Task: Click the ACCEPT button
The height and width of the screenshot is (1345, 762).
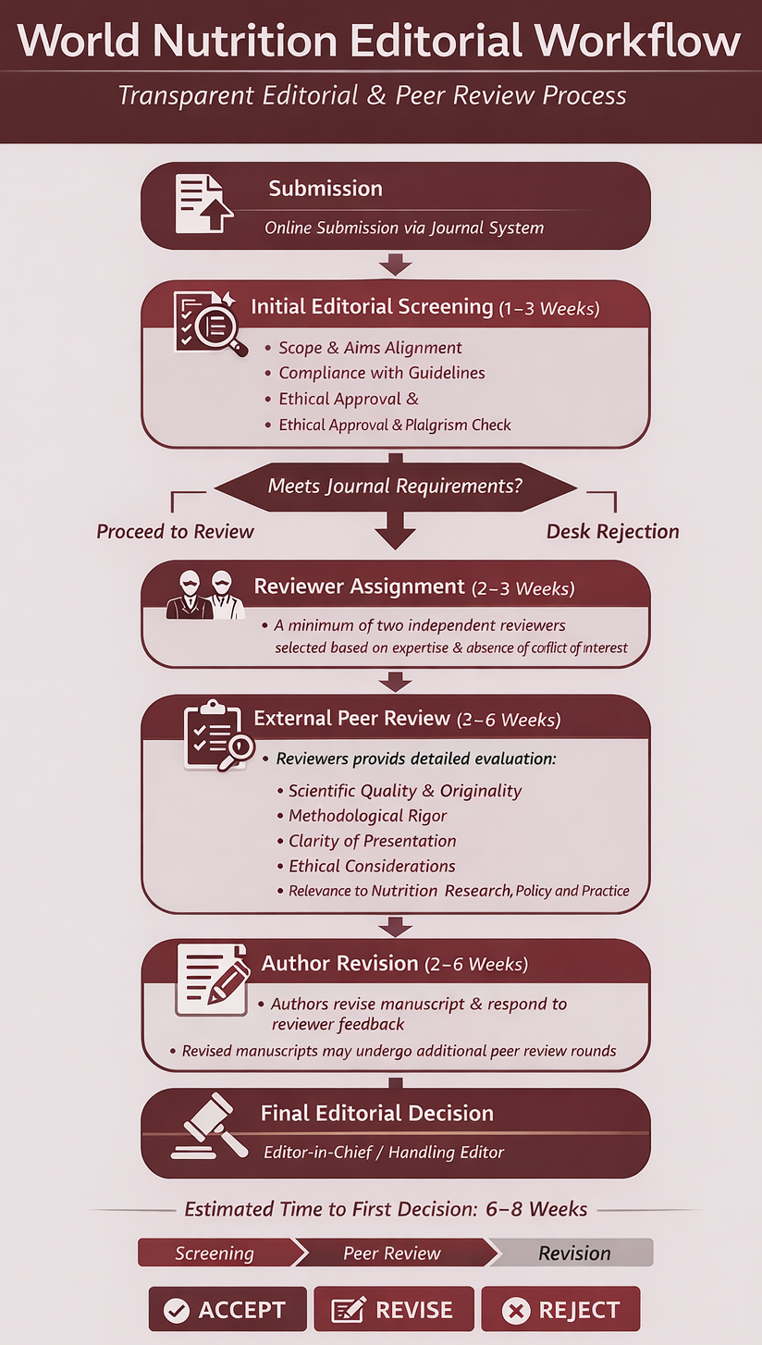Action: point(227,1310)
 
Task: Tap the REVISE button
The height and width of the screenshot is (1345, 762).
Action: point(394,1310)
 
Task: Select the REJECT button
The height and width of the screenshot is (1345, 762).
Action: point(560,1310)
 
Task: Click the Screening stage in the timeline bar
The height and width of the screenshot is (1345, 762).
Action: point(215,1253)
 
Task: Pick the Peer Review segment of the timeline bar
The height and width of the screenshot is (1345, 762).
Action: point(392,1253)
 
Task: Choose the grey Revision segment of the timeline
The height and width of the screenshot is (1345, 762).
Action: point(574,1253)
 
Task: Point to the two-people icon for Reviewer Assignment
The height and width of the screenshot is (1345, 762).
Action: point(205,594)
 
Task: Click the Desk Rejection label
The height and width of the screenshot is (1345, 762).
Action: point(612,532)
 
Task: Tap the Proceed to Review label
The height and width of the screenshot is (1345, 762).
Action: point(175,532)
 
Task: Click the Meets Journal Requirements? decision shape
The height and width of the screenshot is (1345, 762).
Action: point(395,486)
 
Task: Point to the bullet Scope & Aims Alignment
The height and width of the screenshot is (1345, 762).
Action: point(370,348)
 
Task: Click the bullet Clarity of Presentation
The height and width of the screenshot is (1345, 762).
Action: point(372,841)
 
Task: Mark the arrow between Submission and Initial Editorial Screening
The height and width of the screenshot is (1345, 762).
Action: point(395,265)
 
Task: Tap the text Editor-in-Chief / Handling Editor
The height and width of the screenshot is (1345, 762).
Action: point(384,1153)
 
